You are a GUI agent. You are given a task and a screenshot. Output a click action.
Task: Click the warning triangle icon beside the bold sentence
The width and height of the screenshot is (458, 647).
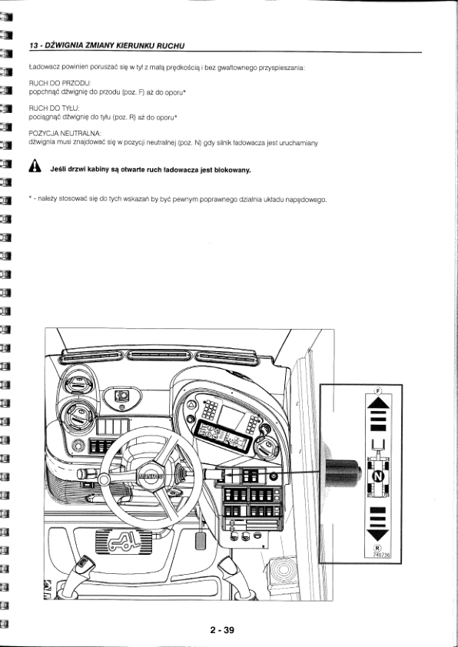[x=35, y=166]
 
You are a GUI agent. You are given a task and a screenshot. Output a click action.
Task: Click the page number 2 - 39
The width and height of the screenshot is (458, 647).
[x=222, y=629]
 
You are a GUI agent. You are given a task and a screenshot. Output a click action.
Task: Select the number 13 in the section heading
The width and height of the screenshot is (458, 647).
[x=33, y=45]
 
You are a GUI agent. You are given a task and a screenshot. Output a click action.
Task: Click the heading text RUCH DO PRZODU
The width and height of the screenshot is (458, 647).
[x=60, y=84]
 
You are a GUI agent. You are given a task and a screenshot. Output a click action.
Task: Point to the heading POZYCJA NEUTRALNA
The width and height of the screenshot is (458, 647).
[x=65, y=134]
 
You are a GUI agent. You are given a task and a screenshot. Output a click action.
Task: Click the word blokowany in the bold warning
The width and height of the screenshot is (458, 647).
[x=233, y=170]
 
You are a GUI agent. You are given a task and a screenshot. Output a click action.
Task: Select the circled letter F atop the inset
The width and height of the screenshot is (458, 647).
[x=379, y=390]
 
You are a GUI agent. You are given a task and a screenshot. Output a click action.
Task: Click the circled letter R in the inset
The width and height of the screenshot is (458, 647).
[x=377, y=548]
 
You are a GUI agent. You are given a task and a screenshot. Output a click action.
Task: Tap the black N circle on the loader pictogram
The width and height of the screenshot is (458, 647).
[x=378, y=477]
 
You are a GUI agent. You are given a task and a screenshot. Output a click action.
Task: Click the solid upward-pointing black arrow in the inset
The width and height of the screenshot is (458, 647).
[x=378, y=403]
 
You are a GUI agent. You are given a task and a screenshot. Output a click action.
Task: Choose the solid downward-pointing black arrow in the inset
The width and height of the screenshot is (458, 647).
[x=378, y=535]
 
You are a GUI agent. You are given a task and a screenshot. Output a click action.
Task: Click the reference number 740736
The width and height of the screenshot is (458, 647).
[x=381, y=555]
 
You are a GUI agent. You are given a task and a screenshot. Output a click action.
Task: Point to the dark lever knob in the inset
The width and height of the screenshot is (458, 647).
[x=343, y=473]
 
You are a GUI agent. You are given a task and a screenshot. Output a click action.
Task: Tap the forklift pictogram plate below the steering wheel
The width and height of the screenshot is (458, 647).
[x=124, y=541]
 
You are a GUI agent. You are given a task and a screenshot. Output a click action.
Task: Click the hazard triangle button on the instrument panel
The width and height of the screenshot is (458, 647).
[x=192, y=405]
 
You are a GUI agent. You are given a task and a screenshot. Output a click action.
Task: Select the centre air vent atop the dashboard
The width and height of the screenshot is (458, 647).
[x=159, y=356]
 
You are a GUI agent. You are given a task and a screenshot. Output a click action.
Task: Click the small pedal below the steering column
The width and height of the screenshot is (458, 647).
[x=201, y=540]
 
